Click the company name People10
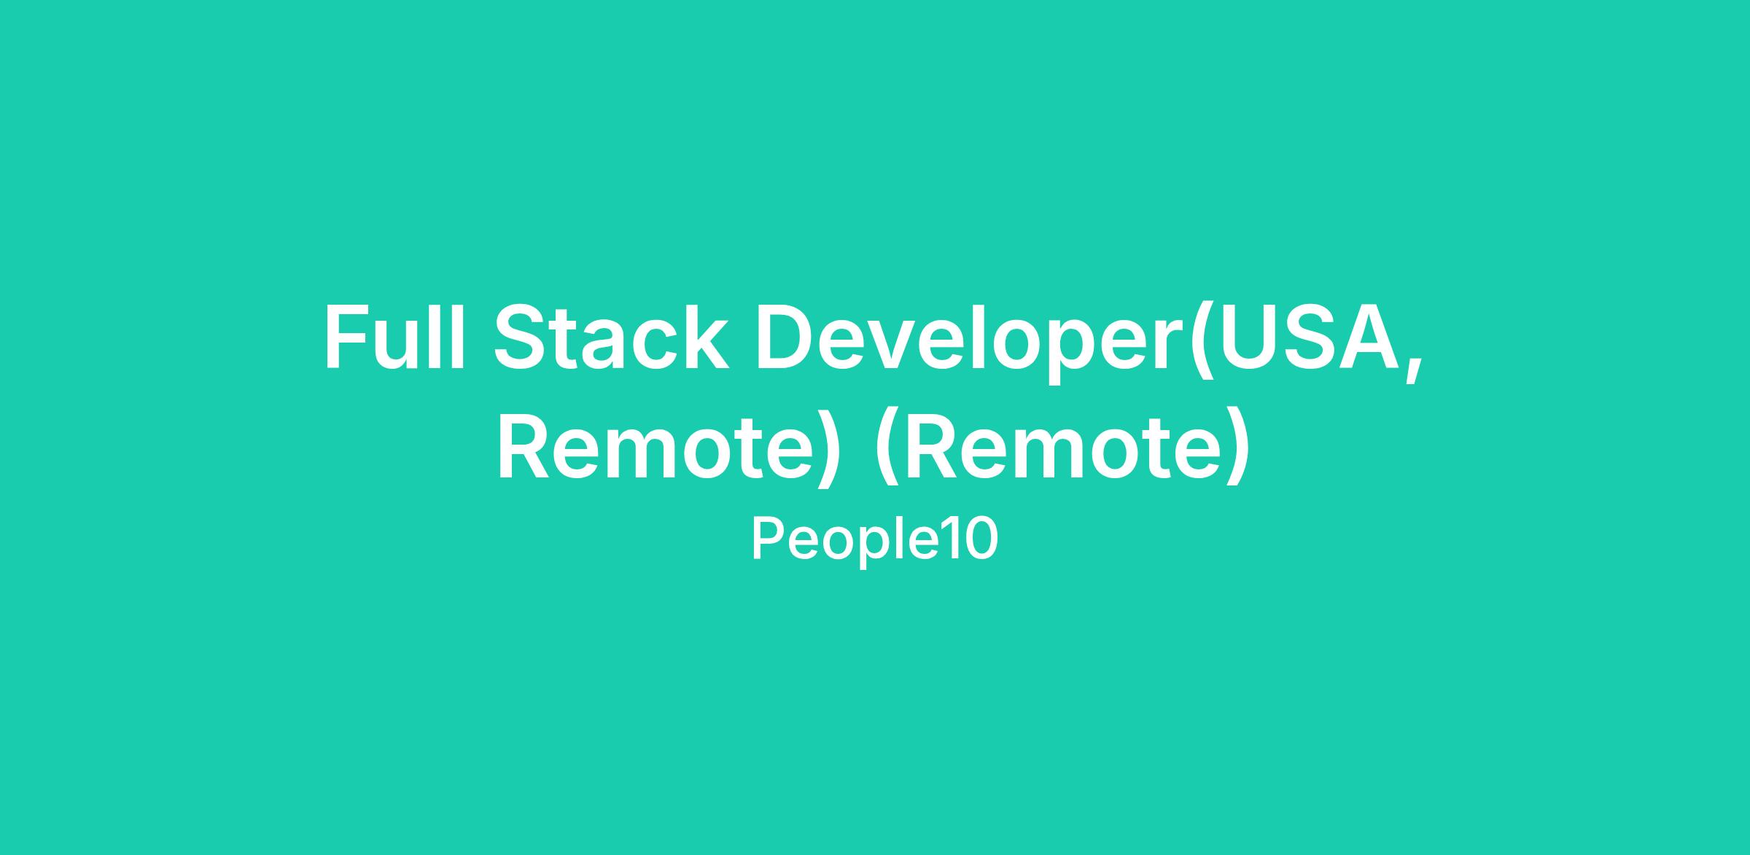click(874, 539)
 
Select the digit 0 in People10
click(981, 539)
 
